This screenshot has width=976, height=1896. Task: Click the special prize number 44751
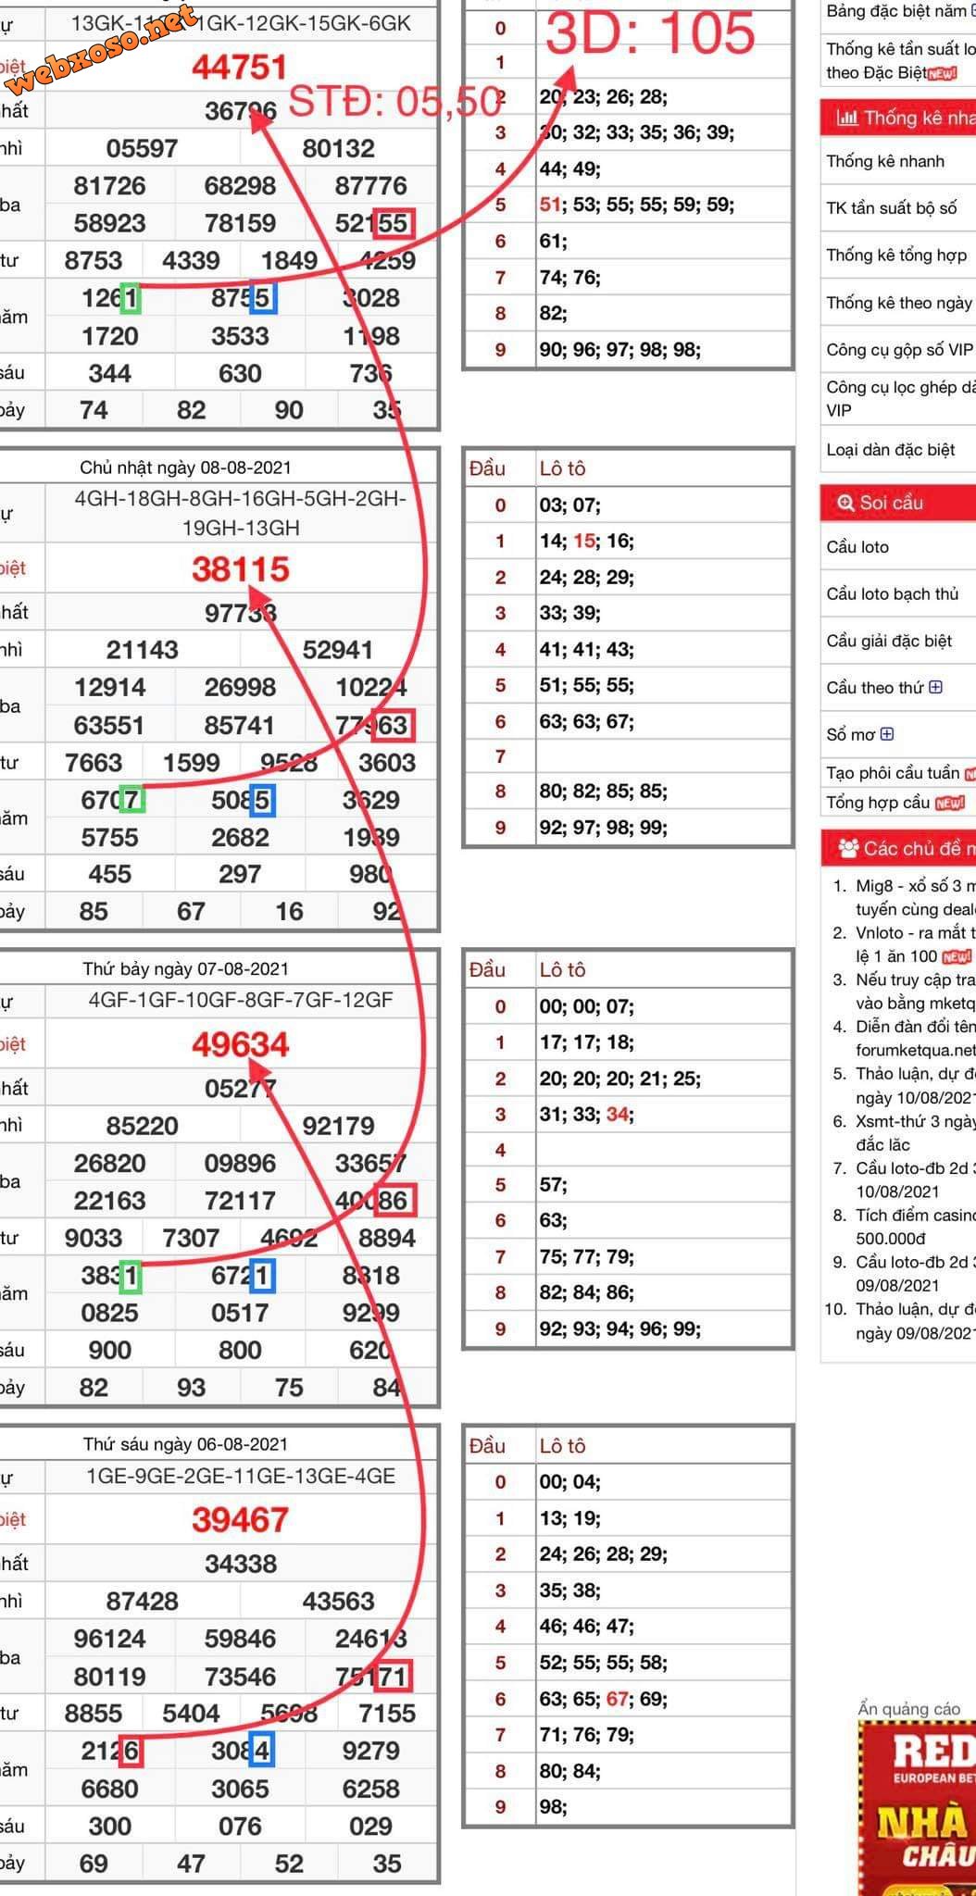[x=240, y=68]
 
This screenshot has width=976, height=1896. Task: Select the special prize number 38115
[x=241, y=569]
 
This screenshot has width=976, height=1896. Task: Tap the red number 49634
[x=241, y=1045]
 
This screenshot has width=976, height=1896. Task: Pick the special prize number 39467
[x=241, y=1520]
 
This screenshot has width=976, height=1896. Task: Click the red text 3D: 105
[x=651, y=33]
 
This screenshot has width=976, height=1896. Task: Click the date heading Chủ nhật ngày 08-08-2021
[x=185, y=468]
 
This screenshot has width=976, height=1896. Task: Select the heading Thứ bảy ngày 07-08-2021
[x=185, y=969]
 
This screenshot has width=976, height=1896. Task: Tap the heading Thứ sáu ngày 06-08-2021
[x=185, y=1444]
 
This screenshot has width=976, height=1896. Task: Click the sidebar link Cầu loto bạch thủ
[x=892, y=594]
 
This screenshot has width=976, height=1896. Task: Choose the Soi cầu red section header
[x=891, y=503]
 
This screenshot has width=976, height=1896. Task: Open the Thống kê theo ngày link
[x=898, y=303]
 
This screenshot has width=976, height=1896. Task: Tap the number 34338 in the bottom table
[x=241, y=1564]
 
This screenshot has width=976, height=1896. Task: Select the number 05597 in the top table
[x=142, y=149]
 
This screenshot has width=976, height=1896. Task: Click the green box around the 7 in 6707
[x=131, y=800]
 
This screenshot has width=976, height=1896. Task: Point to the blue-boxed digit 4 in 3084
[x=262, y=1751]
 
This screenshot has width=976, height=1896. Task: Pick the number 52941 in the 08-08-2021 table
[x=338, y=650]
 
